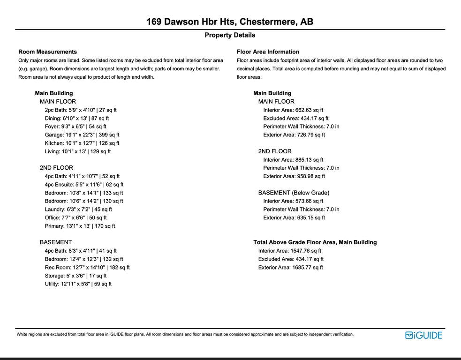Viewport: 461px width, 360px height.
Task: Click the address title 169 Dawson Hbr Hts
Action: pyautogui.click(x=230, y=22)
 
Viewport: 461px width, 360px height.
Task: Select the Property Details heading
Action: pyautogui.click(x=230, y=35)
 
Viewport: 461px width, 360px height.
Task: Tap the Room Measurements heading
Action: pyautogui.click(x=47, y=52)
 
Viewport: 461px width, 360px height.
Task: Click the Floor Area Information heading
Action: pyautogui.click(x=268, y=52)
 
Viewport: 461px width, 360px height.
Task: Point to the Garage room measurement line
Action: pyautogui.click(x=82, y=135)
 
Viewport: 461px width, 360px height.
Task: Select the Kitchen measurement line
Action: pyautogui.click(x=82, y=143)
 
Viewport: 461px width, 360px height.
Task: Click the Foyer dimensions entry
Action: pyautogui.click(x=76, y=127)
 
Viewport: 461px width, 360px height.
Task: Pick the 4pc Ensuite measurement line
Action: pyautogui.click(x=84, y=185)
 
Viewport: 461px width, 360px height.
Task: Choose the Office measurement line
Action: pyautogui.click(x=76, y=218)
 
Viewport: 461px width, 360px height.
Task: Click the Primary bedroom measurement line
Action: pyautogui.click(x=80, y=226)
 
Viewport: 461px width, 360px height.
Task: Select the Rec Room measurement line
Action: pyautogui.click(x=87, y=268)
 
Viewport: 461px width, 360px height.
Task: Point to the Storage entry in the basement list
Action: pyautogui.click(x=76, y=276)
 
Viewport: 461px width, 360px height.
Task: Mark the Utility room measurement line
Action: pyautogui.click(x=78, y=284)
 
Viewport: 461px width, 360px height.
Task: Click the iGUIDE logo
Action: pyautogui.click(x=423, y=335)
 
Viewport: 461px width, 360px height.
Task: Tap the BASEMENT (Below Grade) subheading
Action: pyautogui.click(x=294, y=193)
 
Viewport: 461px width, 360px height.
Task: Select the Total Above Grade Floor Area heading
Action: pyautogui.click(x=315, y=243)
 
